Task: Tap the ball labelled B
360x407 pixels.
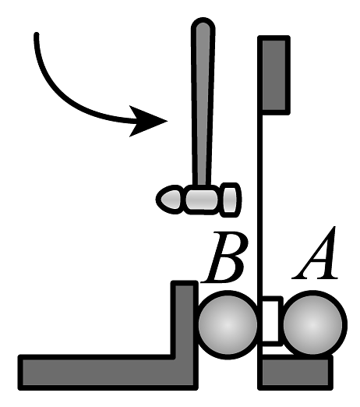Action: coord(228,324)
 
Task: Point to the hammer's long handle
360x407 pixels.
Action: coord(203,103)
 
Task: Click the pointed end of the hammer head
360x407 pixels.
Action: coord(158,200)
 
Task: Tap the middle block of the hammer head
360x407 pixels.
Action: coord(202,200)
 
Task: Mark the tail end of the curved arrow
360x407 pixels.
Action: coord(37,34)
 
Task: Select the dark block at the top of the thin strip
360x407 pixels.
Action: coord(274,75)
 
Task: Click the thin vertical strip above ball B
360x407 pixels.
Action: coord(260,203)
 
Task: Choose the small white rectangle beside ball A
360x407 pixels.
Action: coord(272,321)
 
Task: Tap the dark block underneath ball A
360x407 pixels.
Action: coord(295,373)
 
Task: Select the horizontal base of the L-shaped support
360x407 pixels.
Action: coord(108,372)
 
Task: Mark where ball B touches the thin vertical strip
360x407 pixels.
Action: coord(259,324)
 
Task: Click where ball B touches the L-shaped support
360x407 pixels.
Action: coord(197,324)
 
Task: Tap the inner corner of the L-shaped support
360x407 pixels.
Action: coord(172,356)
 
